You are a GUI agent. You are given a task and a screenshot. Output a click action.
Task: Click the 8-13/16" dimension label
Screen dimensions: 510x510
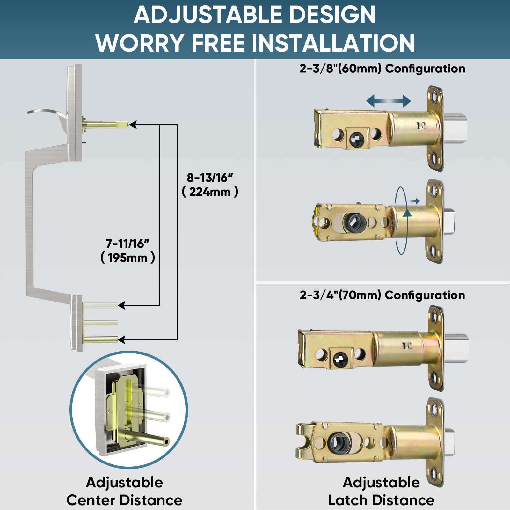210,178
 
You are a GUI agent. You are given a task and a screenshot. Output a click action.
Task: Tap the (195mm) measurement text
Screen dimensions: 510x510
127,258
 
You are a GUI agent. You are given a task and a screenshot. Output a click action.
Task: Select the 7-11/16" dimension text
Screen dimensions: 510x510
127,244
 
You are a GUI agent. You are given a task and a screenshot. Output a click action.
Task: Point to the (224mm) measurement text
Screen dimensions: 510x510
210,192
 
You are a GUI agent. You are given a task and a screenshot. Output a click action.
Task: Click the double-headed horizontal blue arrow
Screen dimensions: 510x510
388,101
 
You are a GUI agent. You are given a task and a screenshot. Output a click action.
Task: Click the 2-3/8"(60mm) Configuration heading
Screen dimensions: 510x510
382,69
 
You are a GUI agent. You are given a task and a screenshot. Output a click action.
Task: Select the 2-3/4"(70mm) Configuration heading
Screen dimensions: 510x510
382,295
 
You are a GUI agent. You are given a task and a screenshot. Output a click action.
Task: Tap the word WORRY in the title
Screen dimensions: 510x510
139,43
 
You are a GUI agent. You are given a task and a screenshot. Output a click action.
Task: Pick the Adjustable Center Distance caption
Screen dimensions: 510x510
124,491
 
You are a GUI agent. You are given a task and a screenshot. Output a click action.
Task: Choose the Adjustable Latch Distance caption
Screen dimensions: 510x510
381,491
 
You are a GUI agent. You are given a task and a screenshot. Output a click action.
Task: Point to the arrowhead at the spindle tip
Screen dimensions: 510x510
133,125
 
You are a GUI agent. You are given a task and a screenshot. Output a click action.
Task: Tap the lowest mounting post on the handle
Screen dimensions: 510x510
101,340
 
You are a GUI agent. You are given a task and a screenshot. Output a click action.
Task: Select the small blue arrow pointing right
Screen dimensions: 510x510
415,201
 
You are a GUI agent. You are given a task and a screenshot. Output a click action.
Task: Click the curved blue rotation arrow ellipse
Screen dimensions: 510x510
401,221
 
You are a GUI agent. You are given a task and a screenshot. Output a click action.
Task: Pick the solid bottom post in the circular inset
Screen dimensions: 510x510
147,439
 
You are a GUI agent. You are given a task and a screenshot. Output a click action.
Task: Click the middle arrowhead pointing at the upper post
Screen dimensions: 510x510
122,305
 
